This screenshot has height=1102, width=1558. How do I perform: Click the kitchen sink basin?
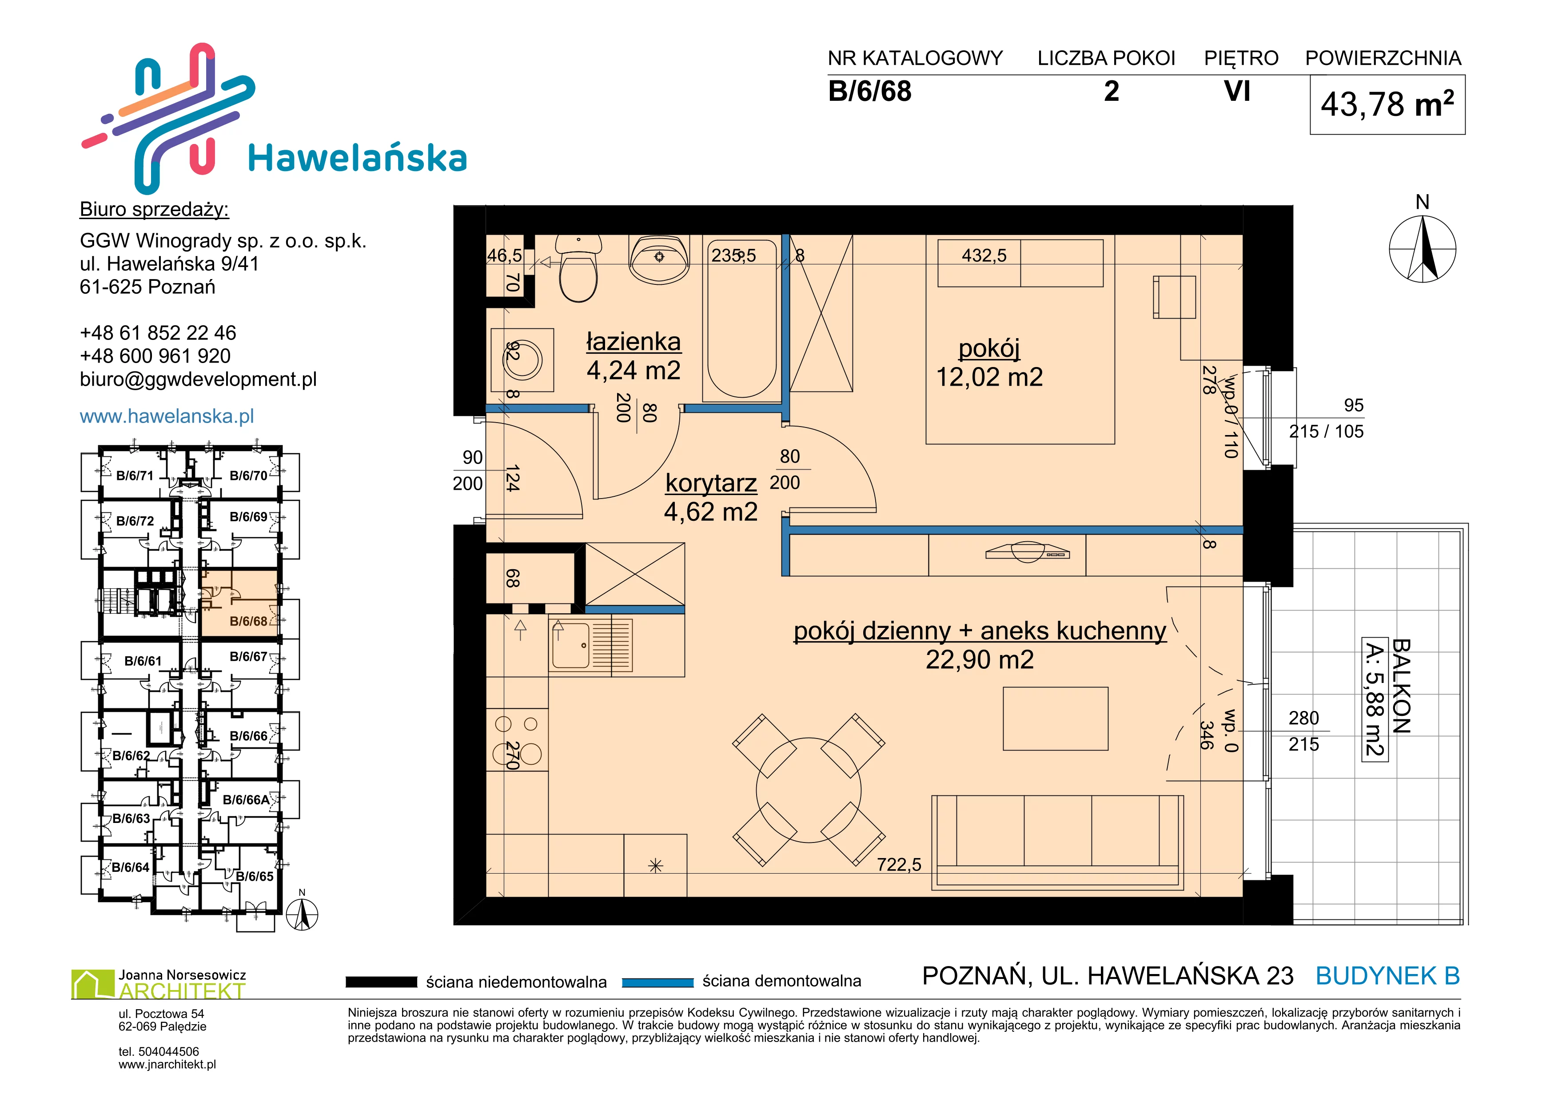(x=571, y=645)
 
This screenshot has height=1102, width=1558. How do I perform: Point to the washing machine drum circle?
(x=522, y=359)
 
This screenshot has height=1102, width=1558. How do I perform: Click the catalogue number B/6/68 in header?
(x=870, y=92)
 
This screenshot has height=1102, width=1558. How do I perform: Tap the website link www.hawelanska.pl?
(x=167, y=416)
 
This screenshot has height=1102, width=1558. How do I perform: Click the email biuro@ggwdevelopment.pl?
(x=198, y=379)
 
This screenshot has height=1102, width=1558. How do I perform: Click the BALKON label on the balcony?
(x=1401, y=686)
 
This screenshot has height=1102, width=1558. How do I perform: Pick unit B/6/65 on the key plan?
(x=255, y=876)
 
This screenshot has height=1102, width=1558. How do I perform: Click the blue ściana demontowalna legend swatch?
(x=657, y=982)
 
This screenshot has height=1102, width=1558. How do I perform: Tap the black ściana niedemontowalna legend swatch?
(x=381, y=982)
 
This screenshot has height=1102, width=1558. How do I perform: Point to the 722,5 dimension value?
(x=899, y=865)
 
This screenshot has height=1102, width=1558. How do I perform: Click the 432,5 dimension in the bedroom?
(x=984, y=256)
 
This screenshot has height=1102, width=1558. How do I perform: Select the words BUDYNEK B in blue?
(x=1388, y=976)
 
